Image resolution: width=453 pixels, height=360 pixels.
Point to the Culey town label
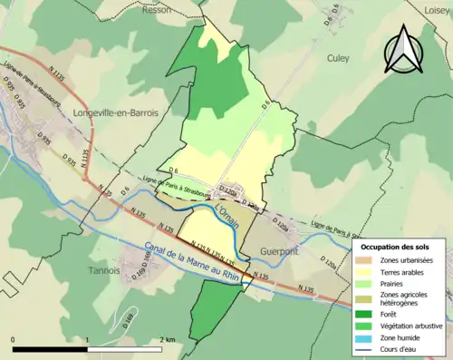pos(337,57)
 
